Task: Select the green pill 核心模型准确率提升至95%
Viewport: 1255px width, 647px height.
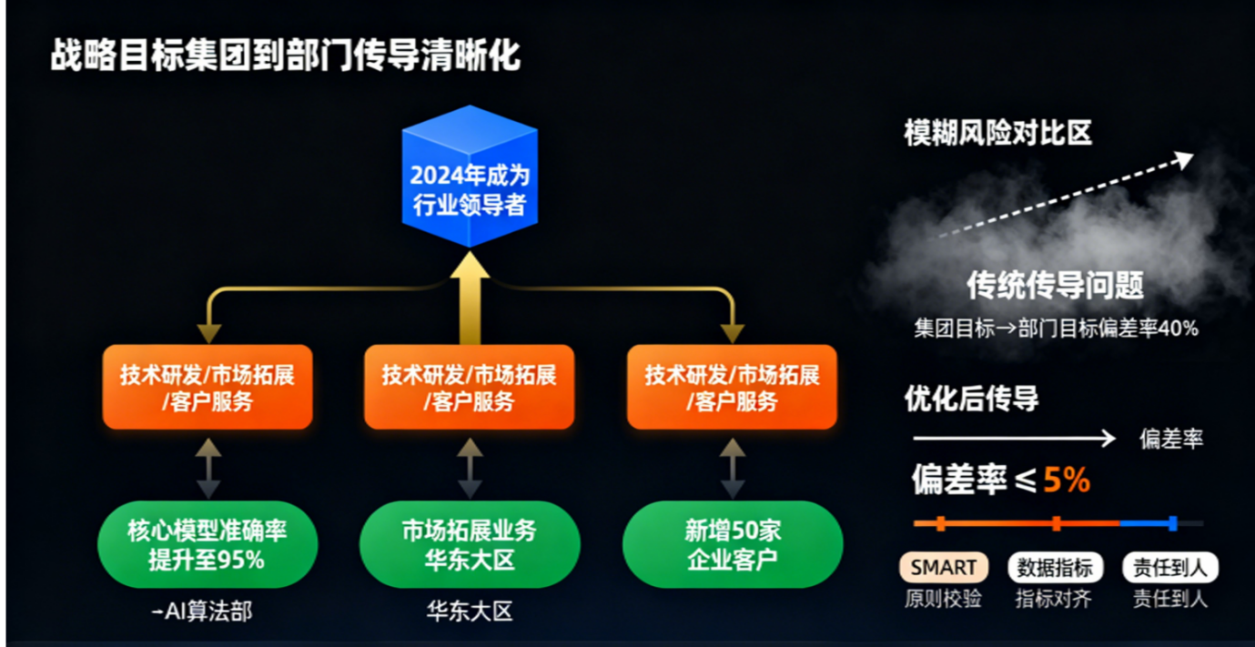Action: pos(207,544)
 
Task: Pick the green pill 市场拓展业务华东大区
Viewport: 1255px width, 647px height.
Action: pos(470,544)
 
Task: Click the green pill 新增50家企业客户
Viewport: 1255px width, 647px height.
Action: pos(733,544)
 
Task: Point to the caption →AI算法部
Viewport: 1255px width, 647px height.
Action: pos(201,612)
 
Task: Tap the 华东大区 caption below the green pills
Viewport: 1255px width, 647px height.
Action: pos(470,612)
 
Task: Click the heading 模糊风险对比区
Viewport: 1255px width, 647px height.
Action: pos(997,134)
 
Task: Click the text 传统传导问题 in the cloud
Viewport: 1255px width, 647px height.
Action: pos(1055,287)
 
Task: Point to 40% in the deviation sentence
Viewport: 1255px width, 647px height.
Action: pos(1179,329)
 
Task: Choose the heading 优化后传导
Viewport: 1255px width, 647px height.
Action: pos(971,399)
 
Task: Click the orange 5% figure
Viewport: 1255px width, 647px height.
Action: pos(1067,480)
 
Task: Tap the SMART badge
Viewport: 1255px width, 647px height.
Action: pos(943,568)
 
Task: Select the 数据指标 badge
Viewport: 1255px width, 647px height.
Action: pos(1056,568)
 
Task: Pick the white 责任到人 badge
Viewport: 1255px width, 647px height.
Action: pos(1170,568)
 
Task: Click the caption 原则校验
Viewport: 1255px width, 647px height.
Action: pos(943,599)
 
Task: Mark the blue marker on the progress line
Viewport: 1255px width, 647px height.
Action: pos(1172,523)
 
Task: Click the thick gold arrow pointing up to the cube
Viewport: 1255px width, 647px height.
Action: pos(470,296)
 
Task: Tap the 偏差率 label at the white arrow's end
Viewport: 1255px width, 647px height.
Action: pos(1171,440)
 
